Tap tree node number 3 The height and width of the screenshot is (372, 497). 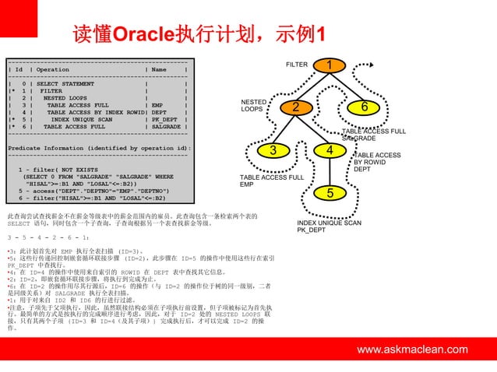click(x=273, y=149)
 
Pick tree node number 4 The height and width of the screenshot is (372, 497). click(x=330, y=149)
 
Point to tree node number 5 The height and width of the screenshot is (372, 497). click(x=330, y=192)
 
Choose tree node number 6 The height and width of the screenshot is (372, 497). click(x=364, y=107)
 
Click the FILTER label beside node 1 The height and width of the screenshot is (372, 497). click(x=297, y=64)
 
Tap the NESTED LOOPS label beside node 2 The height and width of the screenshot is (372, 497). click(x=253, y=105)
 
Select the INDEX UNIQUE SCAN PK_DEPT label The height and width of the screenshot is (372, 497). click(x=329, y=226)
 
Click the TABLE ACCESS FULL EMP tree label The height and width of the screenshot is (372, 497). click(x=271, y=181)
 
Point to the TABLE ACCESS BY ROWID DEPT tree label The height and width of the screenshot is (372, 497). click(x=377, y=162)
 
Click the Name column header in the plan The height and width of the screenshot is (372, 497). click(x=159, y=70)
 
